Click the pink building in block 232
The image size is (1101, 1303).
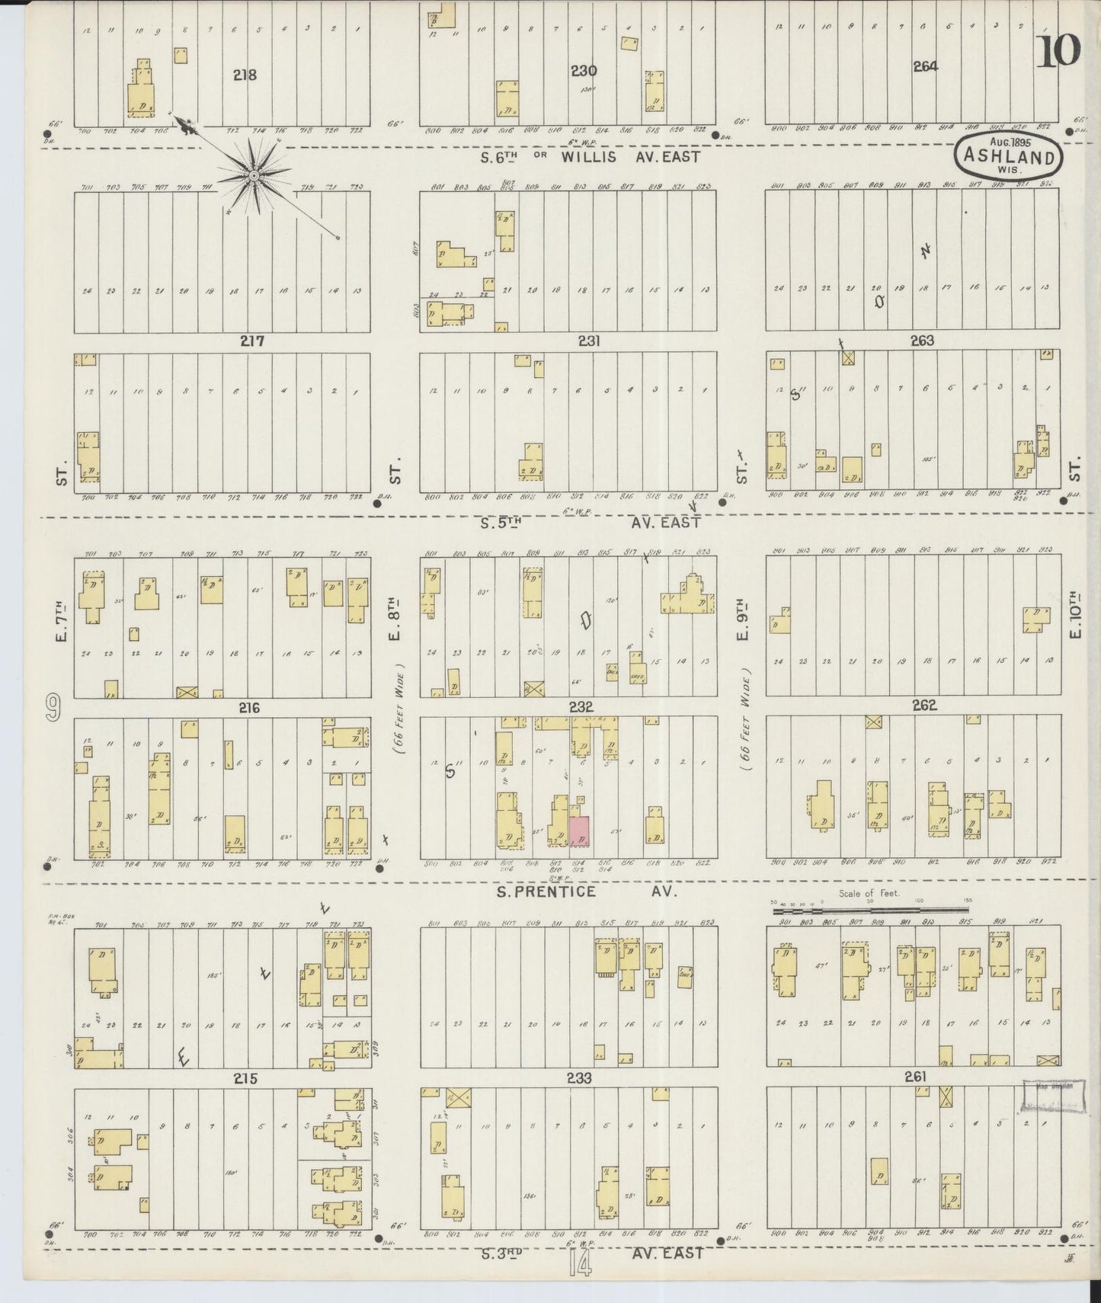tap(581, 831)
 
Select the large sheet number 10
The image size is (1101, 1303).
tap(1058, 51)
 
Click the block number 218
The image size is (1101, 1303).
tap(245, 75)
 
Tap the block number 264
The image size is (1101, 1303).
tap(925, 66)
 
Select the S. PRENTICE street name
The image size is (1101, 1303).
tap(546, 892)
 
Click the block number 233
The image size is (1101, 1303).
tap(579, 1078)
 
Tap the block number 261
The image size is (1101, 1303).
tap(915, 1076)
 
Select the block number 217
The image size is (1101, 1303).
tap(252, 341)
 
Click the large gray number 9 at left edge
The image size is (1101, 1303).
tap(53, 708)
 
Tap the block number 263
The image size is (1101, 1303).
tap(922, 341)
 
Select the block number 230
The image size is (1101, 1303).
tap(584, 71)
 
